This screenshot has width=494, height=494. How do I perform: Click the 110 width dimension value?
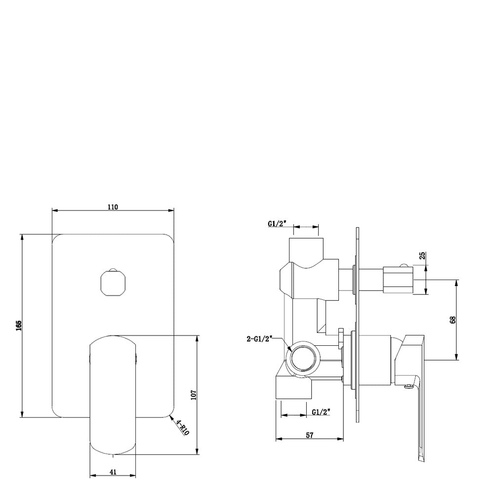[113, 207]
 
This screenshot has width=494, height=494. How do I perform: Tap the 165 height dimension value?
[19, 326]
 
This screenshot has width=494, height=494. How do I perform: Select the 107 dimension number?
[194, 395]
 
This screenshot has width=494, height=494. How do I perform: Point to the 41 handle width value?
[113, 472]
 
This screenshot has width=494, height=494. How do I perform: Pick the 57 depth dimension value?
[310, 435]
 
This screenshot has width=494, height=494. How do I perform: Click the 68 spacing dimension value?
[453, 320]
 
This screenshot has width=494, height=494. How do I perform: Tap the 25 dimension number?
[423, 255]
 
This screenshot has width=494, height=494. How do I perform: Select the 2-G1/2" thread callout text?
[259, 339]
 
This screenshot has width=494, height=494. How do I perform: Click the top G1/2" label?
[277, 223]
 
